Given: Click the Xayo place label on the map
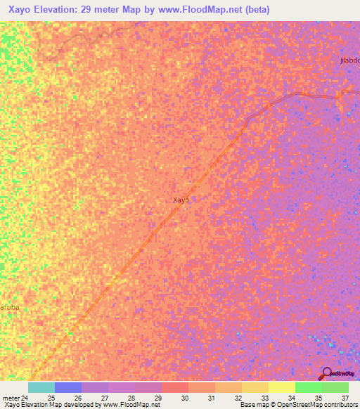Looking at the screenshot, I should [x=181, y=200].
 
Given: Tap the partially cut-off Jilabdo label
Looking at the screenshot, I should [x=349, y=61].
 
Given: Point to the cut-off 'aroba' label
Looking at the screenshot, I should [x=9, y=308].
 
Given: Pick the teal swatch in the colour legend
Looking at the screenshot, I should [x=41, y=387].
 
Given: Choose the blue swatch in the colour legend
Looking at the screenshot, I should [x=68, y=387].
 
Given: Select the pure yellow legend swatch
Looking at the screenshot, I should [x=282, y=387].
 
